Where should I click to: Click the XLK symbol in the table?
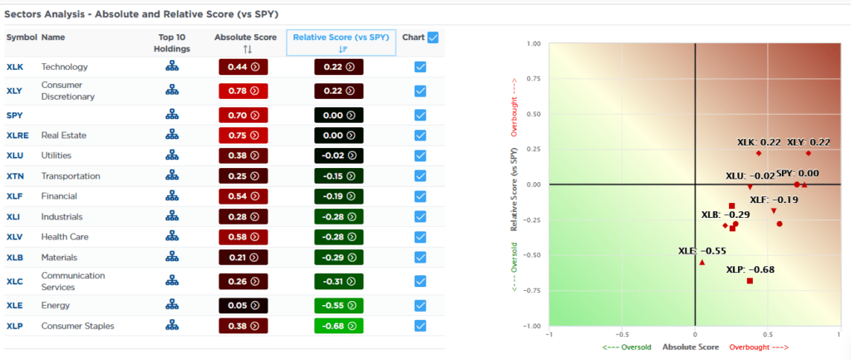click(15, 67)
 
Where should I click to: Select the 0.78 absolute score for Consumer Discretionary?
click(242, 90)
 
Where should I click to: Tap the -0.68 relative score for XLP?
click(339, 326)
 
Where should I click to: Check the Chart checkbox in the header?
click(433, 37)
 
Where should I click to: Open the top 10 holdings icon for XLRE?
click(173, 135)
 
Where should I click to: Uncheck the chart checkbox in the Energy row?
click(421, 305)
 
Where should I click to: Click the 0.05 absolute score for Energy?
click(242, 305)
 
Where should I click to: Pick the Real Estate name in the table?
click(64, 135)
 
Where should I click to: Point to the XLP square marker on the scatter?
click(750, 281)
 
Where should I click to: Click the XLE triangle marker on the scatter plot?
click(702, 262)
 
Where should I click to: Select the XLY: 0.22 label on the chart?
click(808, 142)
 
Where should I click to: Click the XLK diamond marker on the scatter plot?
click(759, 153)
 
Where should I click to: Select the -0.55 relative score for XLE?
click(339, 305)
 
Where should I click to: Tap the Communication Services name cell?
click(73, 281)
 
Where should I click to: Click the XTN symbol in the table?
click(15, 176)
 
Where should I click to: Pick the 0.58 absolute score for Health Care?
click(242, 237)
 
